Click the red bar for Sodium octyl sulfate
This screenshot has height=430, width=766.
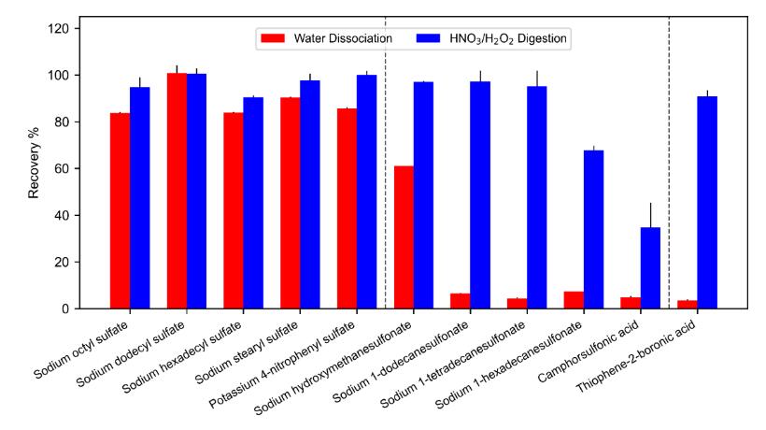120,210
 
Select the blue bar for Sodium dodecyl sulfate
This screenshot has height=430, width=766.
196,191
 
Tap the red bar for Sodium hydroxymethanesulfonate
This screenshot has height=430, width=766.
404,237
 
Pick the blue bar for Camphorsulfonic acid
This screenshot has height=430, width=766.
650,267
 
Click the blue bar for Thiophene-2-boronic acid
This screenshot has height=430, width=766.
707,202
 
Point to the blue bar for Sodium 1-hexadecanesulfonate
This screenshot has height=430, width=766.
593,230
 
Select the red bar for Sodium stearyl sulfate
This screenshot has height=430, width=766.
291,203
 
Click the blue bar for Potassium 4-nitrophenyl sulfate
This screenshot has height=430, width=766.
366,192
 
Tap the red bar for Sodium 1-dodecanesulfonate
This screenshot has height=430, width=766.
461,301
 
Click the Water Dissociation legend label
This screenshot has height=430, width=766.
343,38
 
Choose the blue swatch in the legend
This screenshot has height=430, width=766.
429,38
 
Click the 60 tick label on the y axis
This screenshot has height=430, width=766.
62,168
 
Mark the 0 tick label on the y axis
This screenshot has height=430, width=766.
65,308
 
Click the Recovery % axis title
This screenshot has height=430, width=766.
34,163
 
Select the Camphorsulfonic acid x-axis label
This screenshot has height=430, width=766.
589,351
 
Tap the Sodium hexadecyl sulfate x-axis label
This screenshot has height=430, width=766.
182,357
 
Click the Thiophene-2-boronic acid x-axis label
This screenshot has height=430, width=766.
636,357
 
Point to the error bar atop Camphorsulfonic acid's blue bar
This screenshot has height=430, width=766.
650,216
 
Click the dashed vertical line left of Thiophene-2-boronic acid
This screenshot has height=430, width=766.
669,163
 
